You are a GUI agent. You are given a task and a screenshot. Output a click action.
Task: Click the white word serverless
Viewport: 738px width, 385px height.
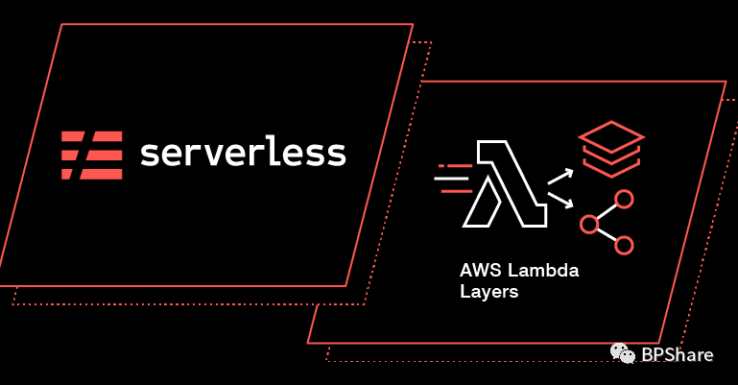tap(243, 154)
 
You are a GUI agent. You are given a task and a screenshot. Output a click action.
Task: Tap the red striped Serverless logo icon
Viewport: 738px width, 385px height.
tap(91, 155)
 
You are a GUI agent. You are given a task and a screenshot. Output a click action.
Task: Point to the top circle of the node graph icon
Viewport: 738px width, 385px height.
tap(624, 200)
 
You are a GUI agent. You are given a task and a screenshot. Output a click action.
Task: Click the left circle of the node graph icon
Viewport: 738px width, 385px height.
tap(589, 226)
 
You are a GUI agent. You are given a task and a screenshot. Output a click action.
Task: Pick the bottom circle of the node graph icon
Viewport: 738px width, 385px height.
tap(624, 245)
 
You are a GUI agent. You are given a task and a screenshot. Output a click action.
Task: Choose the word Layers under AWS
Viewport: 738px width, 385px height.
tap(488, 292)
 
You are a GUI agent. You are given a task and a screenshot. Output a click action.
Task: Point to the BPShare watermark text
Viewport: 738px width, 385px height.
tap(678, 355)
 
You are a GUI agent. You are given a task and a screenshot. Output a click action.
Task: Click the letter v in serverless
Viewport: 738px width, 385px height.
tap(224, 155)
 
